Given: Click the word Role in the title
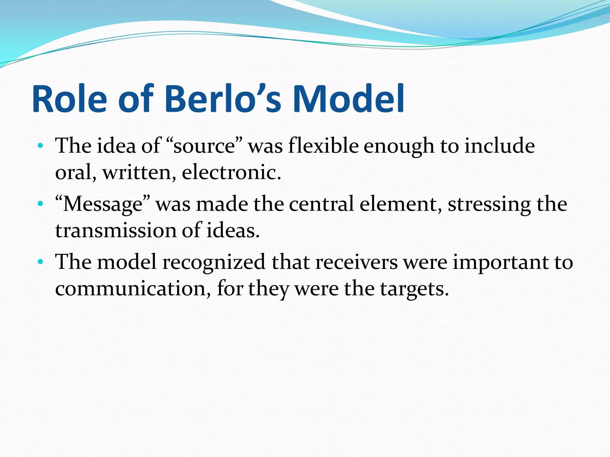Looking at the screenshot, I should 69,99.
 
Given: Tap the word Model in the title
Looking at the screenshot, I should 348,99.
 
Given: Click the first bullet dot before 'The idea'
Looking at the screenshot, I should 41,146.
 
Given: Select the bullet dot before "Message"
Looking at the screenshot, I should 41,204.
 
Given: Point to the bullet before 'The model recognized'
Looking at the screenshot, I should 41,262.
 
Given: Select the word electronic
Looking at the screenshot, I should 231,173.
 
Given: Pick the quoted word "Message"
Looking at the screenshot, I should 103,204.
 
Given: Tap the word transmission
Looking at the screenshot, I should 116,231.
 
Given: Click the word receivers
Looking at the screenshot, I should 357,262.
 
